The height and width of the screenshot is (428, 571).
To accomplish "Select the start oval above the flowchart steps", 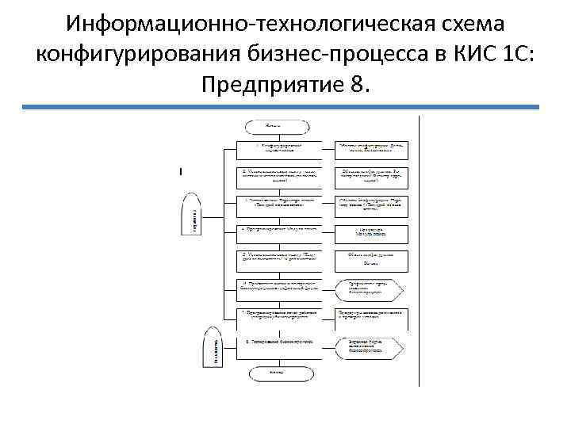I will [x=278, y=125].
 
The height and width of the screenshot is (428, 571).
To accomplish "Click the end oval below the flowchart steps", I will [x=278, y=371].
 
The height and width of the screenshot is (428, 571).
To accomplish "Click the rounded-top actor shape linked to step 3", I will [x=193, y=215].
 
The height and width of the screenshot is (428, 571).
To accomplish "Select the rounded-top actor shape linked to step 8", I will [x=211, y=346].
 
